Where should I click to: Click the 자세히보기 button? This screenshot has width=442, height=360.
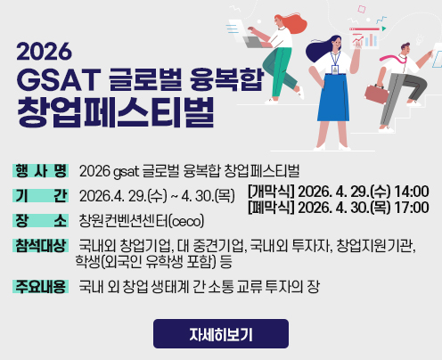coord(220,334)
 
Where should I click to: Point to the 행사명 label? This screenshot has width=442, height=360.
coord(41,170)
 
